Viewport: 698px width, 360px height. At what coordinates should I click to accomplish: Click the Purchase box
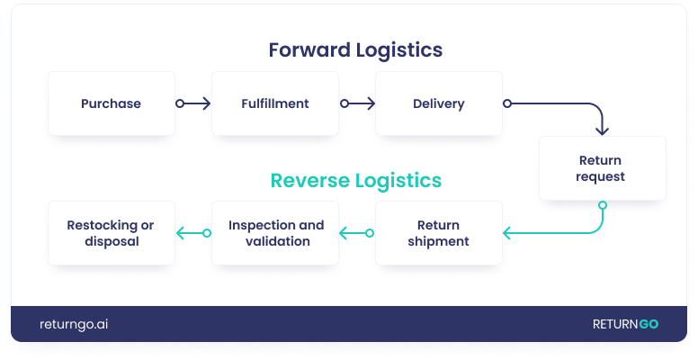pos(112,103)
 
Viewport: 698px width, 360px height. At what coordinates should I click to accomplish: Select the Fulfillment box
pos(275,103)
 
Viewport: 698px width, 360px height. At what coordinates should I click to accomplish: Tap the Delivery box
pos(439,103)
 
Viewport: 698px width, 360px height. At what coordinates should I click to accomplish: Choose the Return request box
pos(602,168)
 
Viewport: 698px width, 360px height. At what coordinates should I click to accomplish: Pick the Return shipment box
pos(439,233)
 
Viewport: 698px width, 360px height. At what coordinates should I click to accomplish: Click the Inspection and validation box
pos(275,233)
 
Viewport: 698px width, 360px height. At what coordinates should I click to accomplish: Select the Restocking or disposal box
pos(112,233)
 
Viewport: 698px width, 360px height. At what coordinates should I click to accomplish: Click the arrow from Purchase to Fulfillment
pos(193,103)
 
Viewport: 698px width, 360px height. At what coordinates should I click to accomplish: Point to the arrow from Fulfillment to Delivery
pos(357,103)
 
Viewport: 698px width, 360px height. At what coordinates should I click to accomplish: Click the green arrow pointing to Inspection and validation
pos(356,233)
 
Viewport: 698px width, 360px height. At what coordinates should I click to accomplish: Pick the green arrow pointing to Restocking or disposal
pos(192,233)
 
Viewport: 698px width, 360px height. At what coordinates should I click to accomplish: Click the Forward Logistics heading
pos(355,49)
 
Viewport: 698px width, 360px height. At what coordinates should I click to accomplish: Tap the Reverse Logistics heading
pos(355,180)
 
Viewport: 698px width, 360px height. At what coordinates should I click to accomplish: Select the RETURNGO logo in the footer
pos(624,324)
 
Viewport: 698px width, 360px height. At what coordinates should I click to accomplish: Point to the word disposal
pos(112,241)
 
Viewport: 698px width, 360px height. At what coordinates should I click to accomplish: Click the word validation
pos(277,241)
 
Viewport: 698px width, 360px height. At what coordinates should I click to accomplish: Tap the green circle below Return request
pos(603,205)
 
